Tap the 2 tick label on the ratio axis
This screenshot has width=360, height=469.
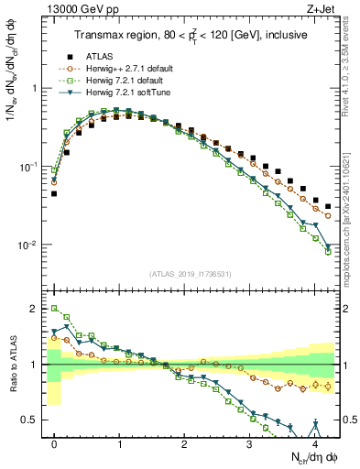pos(35,309)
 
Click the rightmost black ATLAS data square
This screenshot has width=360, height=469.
pos(328,206)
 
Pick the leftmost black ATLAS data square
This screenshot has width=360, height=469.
pos(54,193)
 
